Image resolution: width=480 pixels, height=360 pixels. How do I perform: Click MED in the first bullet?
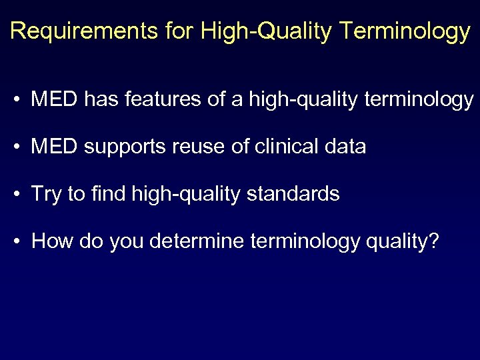(55, 100)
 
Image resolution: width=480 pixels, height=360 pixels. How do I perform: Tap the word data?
(346, 147)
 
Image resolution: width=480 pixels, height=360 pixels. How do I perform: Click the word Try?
(46, 195)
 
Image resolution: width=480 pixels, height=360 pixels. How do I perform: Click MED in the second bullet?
(55, 147)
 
